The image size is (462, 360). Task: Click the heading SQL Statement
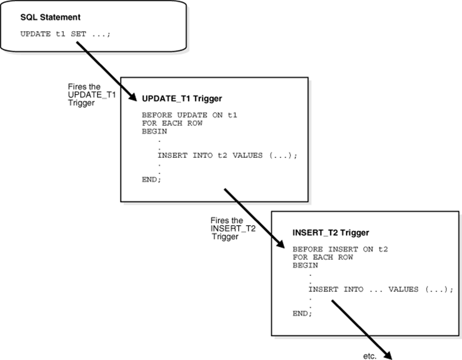coord(50,17)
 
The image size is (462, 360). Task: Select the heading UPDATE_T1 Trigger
coord(182,99)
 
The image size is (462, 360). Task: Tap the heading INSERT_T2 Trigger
coord(331,233)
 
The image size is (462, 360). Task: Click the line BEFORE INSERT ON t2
coord(340,249)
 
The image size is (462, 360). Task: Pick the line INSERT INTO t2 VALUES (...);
coord(227,155)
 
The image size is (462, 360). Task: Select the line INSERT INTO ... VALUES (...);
coord(381,290)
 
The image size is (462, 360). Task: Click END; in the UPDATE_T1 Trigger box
coord(152,179)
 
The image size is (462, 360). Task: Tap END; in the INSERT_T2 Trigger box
coord(302,314)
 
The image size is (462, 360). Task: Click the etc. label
coord(370,356)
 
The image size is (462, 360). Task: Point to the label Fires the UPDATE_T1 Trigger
coord(92,94)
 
